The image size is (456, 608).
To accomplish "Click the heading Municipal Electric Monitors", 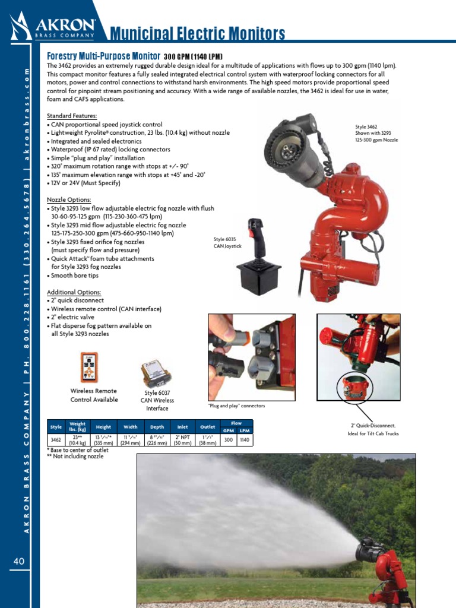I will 198,34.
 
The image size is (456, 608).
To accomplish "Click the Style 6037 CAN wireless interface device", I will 155,373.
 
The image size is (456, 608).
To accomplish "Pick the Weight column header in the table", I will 78,426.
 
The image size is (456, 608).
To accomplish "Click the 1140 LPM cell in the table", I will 245,439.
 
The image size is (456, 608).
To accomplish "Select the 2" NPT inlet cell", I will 182,439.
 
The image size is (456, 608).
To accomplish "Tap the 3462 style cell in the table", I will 56,439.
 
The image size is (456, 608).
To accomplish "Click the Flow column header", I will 236,423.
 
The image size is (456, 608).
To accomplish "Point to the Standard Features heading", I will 72,116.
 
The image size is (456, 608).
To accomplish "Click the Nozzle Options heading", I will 69,200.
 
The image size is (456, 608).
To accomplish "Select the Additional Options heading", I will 74,292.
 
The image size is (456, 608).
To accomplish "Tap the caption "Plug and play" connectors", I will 236,406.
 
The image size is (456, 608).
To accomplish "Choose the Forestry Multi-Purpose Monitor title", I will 103,55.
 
